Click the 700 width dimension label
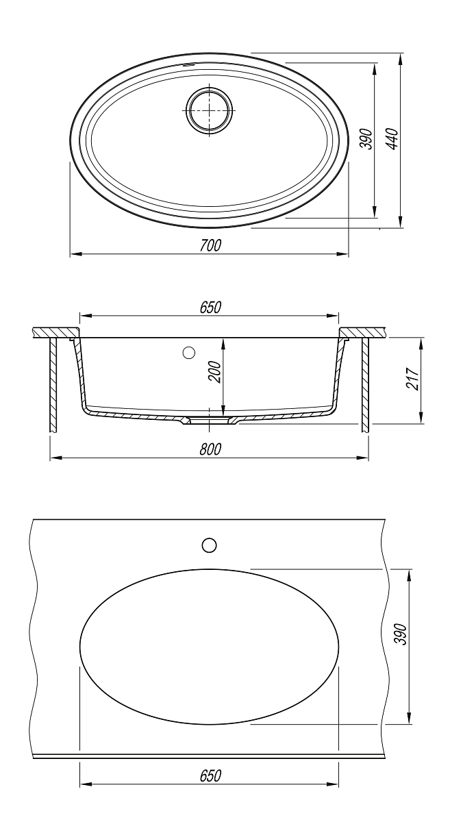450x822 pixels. click(x=211, y=245)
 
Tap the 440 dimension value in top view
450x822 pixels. click(x=392, y=138)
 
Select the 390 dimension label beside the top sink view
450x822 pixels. click(x=366, y=138)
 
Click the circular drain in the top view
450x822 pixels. click(x=210, y=110)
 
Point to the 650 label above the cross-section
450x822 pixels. click(x=211, y=308)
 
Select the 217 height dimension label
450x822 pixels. click(x=412, y=379)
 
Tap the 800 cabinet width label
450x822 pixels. click(x=211, y=449)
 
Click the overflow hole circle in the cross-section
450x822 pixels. click(x=188, y=353)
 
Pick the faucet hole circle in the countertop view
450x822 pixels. click(x=209, y=545)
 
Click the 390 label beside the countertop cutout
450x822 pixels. click(x=401, y=634)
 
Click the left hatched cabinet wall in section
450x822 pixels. click(x=53, y=384)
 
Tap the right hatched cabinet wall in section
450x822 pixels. click(x=366, y=384)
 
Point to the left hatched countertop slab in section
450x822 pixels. click(x=55, y=332)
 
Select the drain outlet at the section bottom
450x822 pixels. click(x=209, y=421)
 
